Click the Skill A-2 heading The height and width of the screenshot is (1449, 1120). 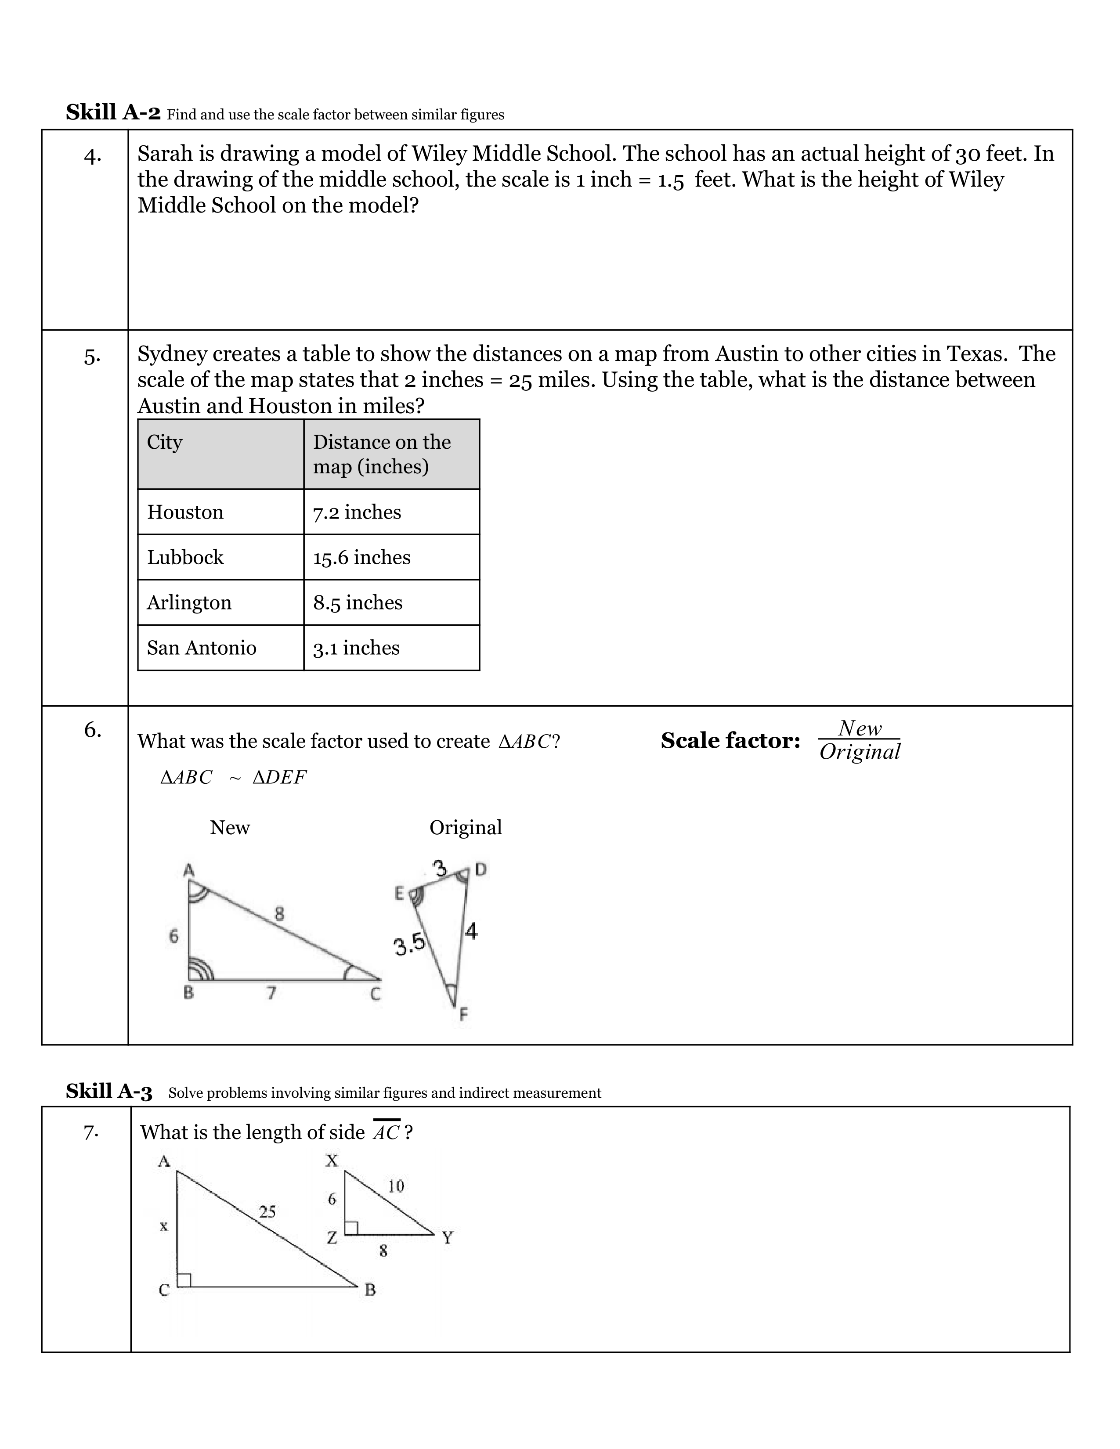point(113,112)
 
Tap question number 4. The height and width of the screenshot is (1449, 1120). point(92,156)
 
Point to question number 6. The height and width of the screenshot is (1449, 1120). point(92,730)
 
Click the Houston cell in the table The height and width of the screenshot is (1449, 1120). point(185,512)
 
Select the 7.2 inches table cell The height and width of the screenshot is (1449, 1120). point(357,512)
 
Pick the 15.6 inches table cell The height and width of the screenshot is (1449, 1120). point(361,557)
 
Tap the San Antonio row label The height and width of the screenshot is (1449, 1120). point(201,648)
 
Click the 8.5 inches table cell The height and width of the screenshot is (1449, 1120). point(358,602)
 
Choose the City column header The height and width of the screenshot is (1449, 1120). point(165,442)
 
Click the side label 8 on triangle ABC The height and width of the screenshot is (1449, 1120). point(279,914)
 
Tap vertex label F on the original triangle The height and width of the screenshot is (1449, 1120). point(463,1014)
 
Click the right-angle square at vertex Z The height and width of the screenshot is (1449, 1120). point(351,1228)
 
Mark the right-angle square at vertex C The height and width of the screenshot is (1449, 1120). point(184,1280)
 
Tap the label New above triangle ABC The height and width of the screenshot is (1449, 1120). point(230,827)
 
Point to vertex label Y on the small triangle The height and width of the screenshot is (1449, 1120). point(447,1238)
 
